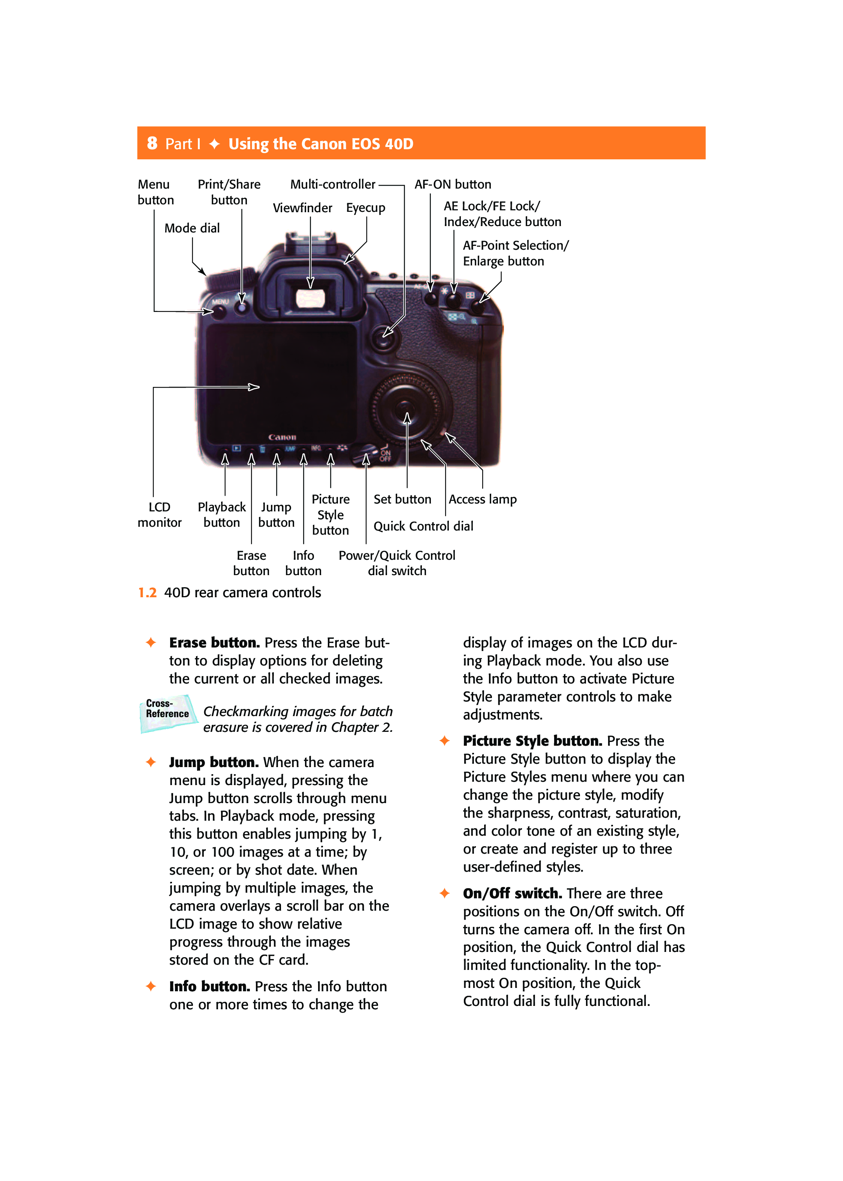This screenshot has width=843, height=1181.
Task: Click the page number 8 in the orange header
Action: (x=152, y=143)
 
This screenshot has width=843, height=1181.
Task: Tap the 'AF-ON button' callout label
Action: (x=452, y=184)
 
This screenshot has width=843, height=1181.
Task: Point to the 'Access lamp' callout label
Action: (x=482, y=499)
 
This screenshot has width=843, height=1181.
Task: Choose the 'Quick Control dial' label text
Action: (x=423, y=526)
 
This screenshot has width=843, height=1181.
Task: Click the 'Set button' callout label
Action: (x=402, y=499)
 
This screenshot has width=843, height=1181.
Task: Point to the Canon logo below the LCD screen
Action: (x=282, y=437)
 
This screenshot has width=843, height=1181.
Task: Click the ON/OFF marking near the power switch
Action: (x=385, y=456)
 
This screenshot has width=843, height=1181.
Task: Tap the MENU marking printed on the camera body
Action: (x=220, y=301)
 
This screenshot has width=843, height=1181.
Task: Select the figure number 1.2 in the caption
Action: (x=147, y=593)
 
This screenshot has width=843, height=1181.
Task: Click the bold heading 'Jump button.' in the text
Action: (x=213, y=762)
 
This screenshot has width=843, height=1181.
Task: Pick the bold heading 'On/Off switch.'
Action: (x=512, y=893)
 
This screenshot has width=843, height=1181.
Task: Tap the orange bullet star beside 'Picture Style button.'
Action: (x=444, y=740)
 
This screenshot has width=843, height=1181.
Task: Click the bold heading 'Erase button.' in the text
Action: (x=214, y=643)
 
